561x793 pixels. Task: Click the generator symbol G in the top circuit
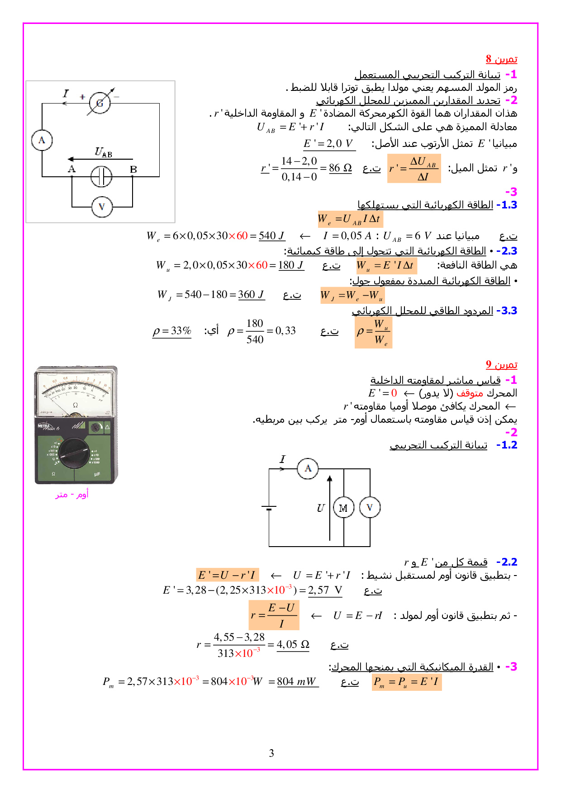point(100,103)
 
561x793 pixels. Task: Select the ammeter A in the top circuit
point(42,140)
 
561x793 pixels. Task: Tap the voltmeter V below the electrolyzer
point(101,207)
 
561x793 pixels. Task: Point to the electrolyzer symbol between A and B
point(101,176)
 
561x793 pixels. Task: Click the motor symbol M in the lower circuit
point(343,508)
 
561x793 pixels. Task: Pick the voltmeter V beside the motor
point(370,507)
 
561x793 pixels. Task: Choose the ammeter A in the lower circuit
point(308,468)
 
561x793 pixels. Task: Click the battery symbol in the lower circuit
point(269,508)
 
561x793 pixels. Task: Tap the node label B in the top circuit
point(133,170)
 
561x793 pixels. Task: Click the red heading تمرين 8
point(501,59)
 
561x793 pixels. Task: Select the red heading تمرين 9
point(501,364)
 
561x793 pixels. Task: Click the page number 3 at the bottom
point(271,753)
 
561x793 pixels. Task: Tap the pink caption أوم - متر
point(72,495)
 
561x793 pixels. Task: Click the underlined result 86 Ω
point(340,168)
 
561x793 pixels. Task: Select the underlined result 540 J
point(271,236)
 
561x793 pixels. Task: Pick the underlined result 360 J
point(251,295)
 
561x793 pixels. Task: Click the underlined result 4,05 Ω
point(293,645)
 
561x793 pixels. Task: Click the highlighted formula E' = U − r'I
point(227,575)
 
